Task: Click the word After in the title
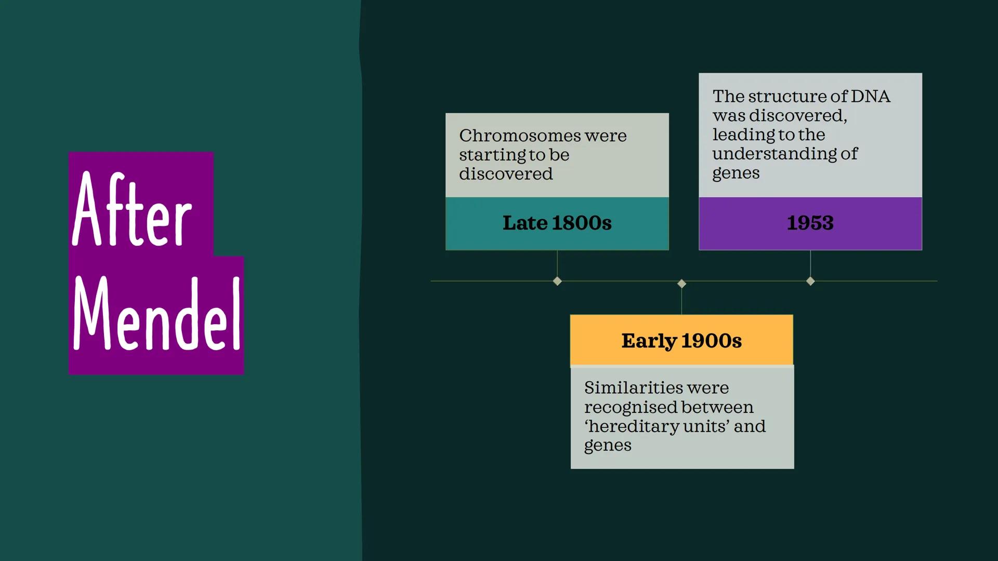[132, 209]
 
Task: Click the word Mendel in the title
[157, 313]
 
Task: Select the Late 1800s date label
[557, 223]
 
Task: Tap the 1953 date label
[810, 223]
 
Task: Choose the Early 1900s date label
[681, 341]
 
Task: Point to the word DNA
[871, 96]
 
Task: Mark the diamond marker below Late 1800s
[557, 281]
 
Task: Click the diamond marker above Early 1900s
[681, 284]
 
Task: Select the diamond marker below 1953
[810, 281]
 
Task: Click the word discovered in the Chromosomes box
[506, 174]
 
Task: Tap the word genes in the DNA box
[736, 174]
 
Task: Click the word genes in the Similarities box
[608, 446]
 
